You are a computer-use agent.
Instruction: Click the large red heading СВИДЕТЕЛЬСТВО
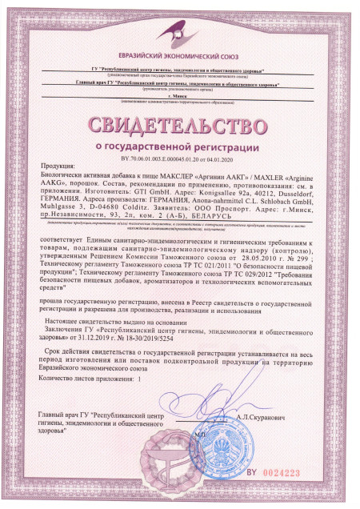tap(179, 127)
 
